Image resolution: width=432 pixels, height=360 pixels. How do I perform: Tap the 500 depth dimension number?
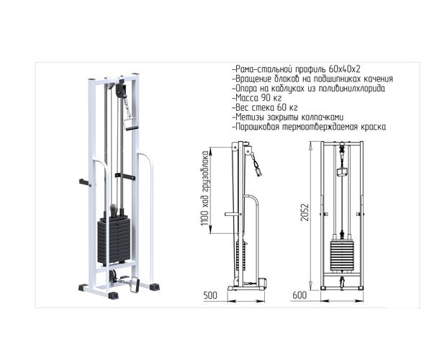pos(210,296)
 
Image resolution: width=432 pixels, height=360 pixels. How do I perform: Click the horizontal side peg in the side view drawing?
pos(232,213)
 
